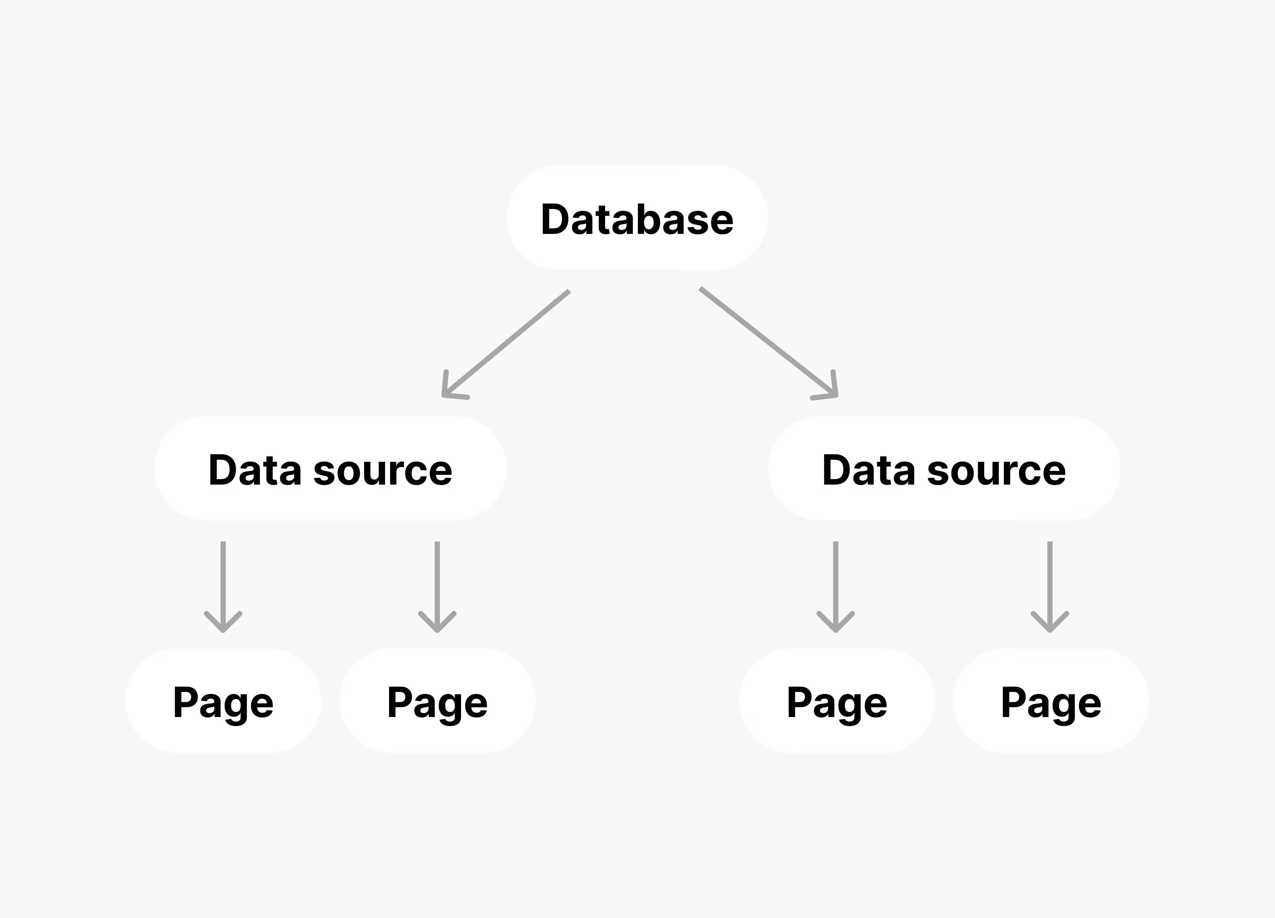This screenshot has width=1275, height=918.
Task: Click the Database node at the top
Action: (637, 218)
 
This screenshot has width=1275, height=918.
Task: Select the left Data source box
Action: (330, 469)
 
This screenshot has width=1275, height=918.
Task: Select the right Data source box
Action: (944, 469)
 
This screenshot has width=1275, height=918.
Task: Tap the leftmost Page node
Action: (223, 702)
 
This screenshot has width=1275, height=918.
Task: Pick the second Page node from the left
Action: (437, 702)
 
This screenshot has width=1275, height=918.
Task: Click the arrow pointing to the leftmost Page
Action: (223, 585)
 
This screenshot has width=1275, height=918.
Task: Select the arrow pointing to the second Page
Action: (437, 585)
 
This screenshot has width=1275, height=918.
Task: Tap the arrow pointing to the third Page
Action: (836, 585)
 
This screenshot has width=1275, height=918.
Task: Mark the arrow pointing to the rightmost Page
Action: (1050, 585)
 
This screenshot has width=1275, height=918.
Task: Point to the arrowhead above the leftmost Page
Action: (223, 624)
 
